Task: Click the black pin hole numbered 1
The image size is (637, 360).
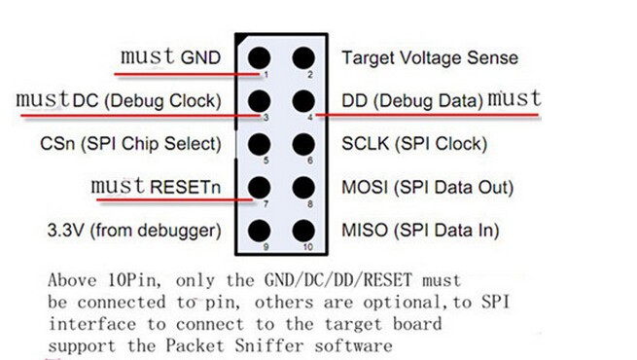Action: pyautogui.click(x=260, y=57)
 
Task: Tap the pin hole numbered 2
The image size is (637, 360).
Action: pyautogui.click(x=303, y=57)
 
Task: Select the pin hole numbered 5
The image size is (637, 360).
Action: pyautogui.click(x=260, y=144)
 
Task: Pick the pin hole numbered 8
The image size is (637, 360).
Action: pyautogui.click(x=303, y=188)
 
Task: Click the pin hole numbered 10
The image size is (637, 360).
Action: pyautogui.click(x=303, y=231)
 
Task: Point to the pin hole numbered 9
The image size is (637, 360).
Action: pyautogui.click(x=260, y=231)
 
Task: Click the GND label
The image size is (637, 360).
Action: pyautogui.click(x=200, y=57)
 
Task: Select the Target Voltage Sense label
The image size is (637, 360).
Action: pyautogui.click(x=430, y=57)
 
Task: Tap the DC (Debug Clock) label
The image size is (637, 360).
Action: pyautogui.click(x=147, y=101)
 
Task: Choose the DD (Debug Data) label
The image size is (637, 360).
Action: pyautogui.click(x=412, y=101)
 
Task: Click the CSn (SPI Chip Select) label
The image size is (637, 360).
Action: pyautogui.click(x=131, y=144)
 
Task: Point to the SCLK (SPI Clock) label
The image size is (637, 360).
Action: pyautogui.click(x=414, y=144)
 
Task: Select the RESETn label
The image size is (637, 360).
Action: pyautogui.click(x=185, y=188)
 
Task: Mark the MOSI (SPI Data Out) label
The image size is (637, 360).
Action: pyautogui.click(x=427, y=188)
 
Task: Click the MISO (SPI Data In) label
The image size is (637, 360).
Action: pyautogui.click(x=420, y=231)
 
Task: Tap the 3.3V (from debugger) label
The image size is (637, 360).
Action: pyautogui.click(x=134, y=231)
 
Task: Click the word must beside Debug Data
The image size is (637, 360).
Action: pyautogui.click(x=514, y=98)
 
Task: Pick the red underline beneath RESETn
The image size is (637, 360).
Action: pyautogui.click(x=175, y=199)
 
